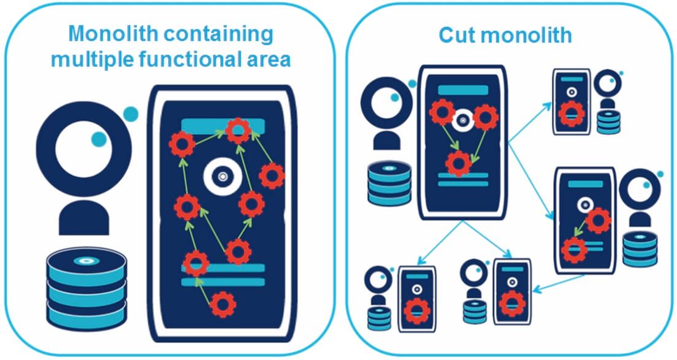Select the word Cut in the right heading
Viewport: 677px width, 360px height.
pyautogui.click(x=457, y=35)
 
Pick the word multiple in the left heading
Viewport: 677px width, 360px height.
pyautogui.click(x=91, y=59)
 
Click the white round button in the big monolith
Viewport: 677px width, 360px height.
pyautogui.click(x=220, y=177)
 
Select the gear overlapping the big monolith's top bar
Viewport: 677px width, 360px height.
pyautogui.click(x=237, y=129)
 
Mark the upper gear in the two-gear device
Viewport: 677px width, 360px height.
pyautogui.click(x=599, y=220)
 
